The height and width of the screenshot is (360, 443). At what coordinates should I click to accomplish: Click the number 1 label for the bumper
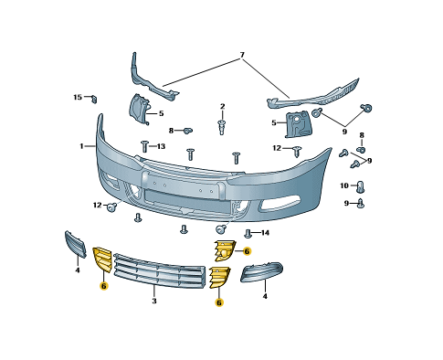(x=81, y=146)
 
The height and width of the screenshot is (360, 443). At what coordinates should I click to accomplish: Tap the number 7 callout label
(x=242, y=55)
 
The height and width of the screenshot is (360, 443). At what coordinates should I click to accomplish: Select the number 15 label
(x=78, y=97)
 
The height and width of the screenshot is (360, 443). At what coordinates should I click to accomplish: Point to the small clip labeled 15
(x=94, y=99)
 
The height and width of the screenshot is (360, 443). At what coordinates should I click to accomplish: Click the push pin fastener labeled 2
(x=222, y=127)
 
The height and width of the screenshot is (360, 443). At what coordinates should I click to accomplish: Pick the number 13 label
(x=161, y=146)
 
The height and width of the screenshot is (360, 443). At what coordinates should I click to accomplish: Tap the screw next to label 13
(x=144, y=146)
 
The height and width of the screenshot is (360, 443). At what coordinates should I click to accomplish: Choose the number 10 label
(x=344, y=185)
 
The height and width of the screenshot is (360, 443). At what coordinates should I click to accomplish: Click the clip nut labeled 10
(x=361, y=186)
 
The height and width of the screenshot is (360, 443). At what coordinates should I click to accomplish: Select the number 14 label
(x=265, y=233)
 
